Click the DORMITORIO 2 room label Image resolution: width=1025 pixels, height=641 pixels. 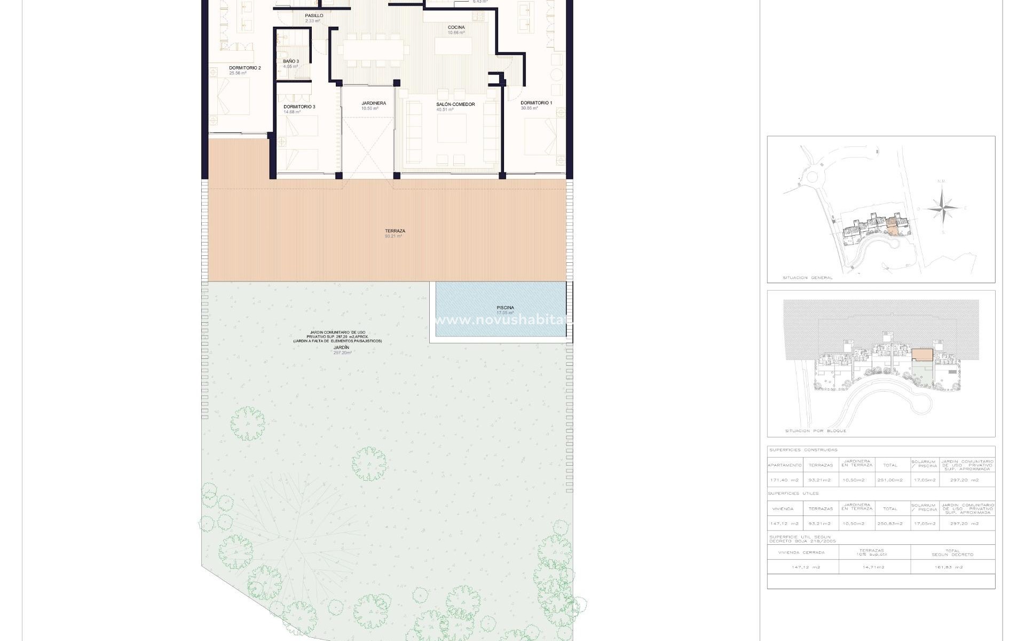pos(245,68)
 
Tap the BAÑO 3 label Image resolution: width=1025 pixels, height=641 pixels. pos(291,62)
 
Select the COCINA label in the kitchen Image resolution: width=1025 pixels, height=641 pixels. pos(456,28)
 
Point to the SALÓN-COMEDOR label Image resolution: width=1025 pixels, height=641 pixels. pos(455,105)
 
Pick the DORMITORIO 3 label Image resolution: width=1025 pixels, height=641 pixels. pos(299,107)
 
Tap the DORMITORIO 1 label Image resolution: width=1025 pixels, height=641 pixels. pos(536,103)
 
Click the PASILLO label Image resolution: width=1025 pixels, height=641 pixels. pos(314,16)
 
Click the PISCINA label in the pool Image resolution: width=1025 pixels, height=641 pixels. pos(505,308)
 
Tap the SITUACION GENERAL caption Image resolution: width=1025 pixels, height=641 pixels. pos(807,278)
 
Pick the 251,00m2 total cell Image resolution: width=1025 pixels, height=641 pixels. pos(890,480)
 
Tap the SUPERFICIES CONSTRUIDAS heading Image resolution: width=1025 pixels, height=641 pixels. pos(803,450)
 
